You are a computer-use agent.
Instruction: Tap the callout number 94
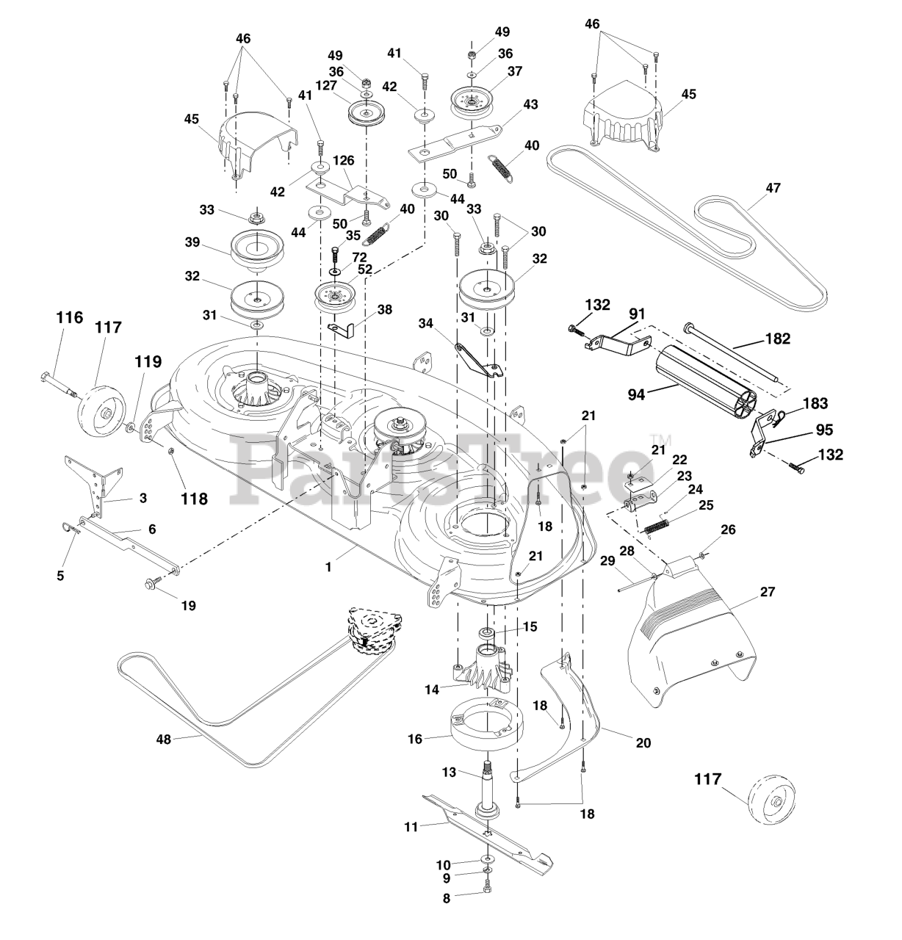coord(636,394)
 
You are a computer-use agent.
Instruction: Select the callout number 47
coord(773,188)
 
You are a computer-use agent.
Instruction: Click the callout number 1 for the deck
coord(328,566)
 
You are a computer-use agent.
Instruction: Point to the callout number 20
coord(643,742)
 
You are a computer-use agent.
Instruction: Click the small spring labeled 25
coord(659,527)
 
